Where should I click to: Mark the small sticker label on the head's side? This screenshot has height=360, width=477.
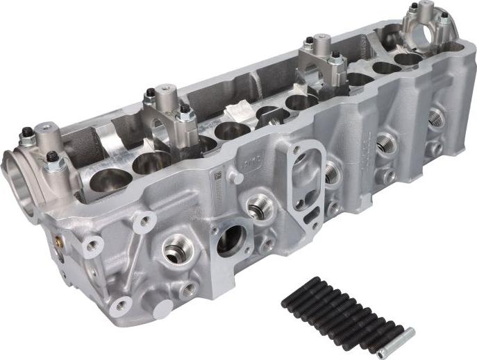coord(219,178)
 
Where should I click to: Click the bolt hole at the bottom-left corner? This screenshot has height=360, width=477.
coord(121,305)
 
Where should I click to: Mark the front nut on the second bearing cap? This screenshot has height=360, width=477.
coord(184,108)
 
